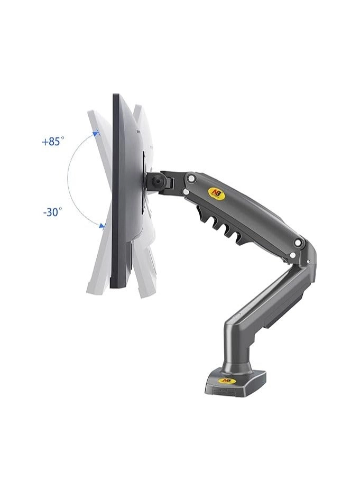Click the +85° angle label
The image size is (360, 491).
click(x=53, y=142)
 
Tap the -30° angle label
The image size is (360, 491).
click(x=52, y=212)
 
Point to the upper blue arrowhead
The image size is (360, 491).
click(x=96, y=134)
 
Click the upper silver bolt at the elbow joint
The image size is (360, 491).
click(x=300, y=244)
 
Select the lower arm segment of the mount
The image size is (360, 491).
click(x=270, y=301)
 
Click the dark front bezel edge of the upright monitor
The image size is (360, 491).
click(x=116, y=190)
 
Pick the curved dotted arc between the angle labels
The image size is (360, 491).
click(x=70, y=180)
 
